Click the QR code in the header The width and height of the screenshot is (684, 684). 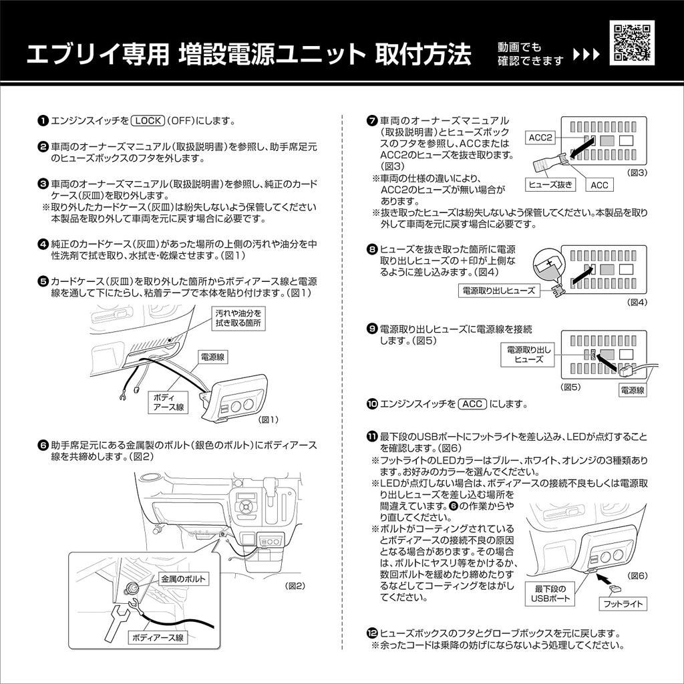coord(631,42)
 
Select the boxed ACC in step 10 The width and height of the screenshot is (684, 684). coord(472,404)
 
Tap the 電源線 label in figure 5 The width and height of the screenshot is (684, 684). coord(632,390)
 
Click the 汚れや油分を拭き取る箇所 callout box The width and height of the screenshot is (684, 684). coord(238,317)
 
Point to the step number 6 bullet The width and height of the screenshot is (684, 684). coord(43,444)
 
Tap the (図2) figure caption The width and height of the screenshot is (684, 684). coord(295,586)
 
